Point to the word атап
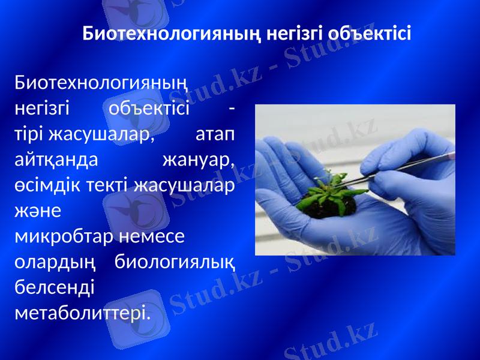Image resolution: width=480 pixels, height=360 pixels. click(215, 133)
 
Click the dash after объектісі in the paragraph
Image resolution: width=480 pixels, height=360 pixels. click(232, 109)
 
